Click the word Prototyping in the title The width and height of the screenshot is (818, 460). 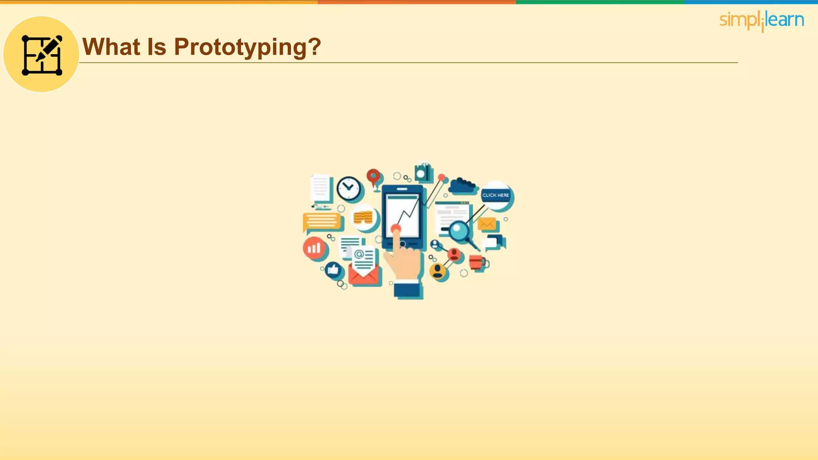[247, 47]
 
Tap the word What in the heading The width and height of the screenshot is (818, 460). [111, 47]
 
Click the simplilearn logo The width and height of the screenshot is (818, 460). [761, 20]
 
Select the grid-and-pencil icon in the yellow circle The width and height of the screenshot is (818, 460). [42, 55]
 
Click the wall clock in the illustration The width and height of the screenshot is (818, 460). [348, 188]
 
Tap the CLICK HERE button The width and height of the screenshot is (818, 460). [496, 195]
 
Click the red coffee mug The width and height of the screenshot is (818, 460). [477, 262]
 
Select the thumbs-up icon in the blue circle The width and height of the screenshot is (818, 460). [333, 270]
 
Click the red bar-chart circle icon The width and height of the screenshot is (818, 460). [314, 248]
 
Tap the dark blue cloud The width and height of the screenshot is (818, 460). [462, 186]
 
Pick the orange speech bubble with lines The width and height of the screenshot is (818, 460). [322, 222]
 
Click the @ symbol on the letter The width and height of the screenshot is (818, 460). [359, 254]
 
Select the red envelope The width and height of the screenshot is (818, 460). [364, 276]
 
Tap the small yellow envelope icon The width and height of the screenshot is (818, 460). [487, 224]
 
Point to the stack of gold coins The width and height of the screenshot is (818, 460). [363, 218]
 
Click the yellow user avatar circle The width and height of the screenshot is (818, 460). [438, 271]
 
